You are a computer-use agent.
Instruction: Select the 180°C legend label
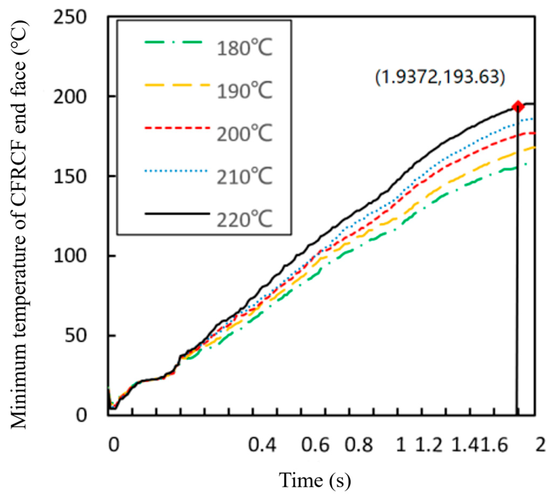pos(244,48)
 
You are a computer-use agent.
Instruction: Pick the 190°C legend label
pos(244,91)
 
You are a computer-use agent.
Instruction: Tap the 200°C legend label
pos(244,133)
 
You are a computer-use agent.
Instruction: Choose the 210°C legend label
pos(244,177)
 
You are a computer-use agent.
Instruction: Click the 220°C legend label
pos(244,219)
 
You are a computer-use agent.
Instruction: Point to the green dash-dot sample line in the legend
pos(173,42)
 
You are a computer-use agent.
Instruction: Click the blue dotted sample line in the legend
pos(176,171)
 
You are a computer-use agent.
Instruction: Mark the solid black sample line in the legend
pos(177,213)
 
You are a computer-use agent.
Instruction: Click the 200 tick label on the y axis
pos(70,98)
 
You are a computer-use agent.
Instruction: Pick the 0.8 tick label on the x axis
pos(359,445)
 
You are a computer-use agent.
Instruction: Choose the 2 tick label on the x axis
pos(540,445)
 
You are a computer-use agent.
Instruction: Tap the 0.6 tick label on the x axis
pos(315,445)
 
